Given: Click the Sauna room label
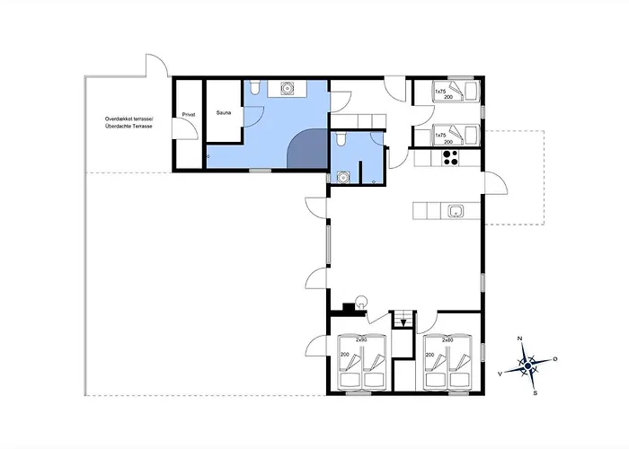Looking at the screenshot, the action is point(224,112).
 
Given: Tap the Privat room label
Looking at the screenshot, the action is point(189,115).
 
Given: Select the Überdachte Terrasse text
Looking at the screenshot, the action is point(129,127).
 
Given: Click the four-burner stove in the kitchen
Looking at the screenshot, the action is point(450,157).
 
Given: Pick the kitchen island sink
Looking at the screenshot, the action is point(456,210).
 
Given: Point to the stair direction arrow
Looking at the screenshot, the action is point(403,322).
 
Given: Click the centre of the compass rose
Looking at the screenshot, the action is point(528,365).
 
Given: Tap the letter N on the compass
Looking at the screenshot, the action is point(520,339).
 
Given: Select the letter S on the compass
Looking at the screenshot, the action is point(535,393).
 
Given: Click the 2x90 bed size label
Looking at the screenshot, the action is point(361,340).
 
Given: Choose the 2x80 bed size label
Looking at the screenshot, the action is point(447,340).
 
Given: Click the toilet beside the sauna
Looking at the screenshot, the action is point(254,87).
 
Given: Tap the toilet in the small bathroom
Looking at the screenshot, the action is point(341,138).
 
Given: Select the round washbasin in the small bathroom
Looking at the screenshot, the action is point(342,177).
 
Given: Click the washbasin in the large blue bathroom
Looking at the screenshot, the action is point(287,88).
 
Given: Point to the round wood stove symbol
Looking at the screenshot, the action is point(361,301).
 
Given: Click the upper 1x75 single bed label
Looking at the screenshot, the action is point(440,92).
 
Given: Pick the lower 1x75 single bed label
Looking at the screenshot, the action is point(440,136).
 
